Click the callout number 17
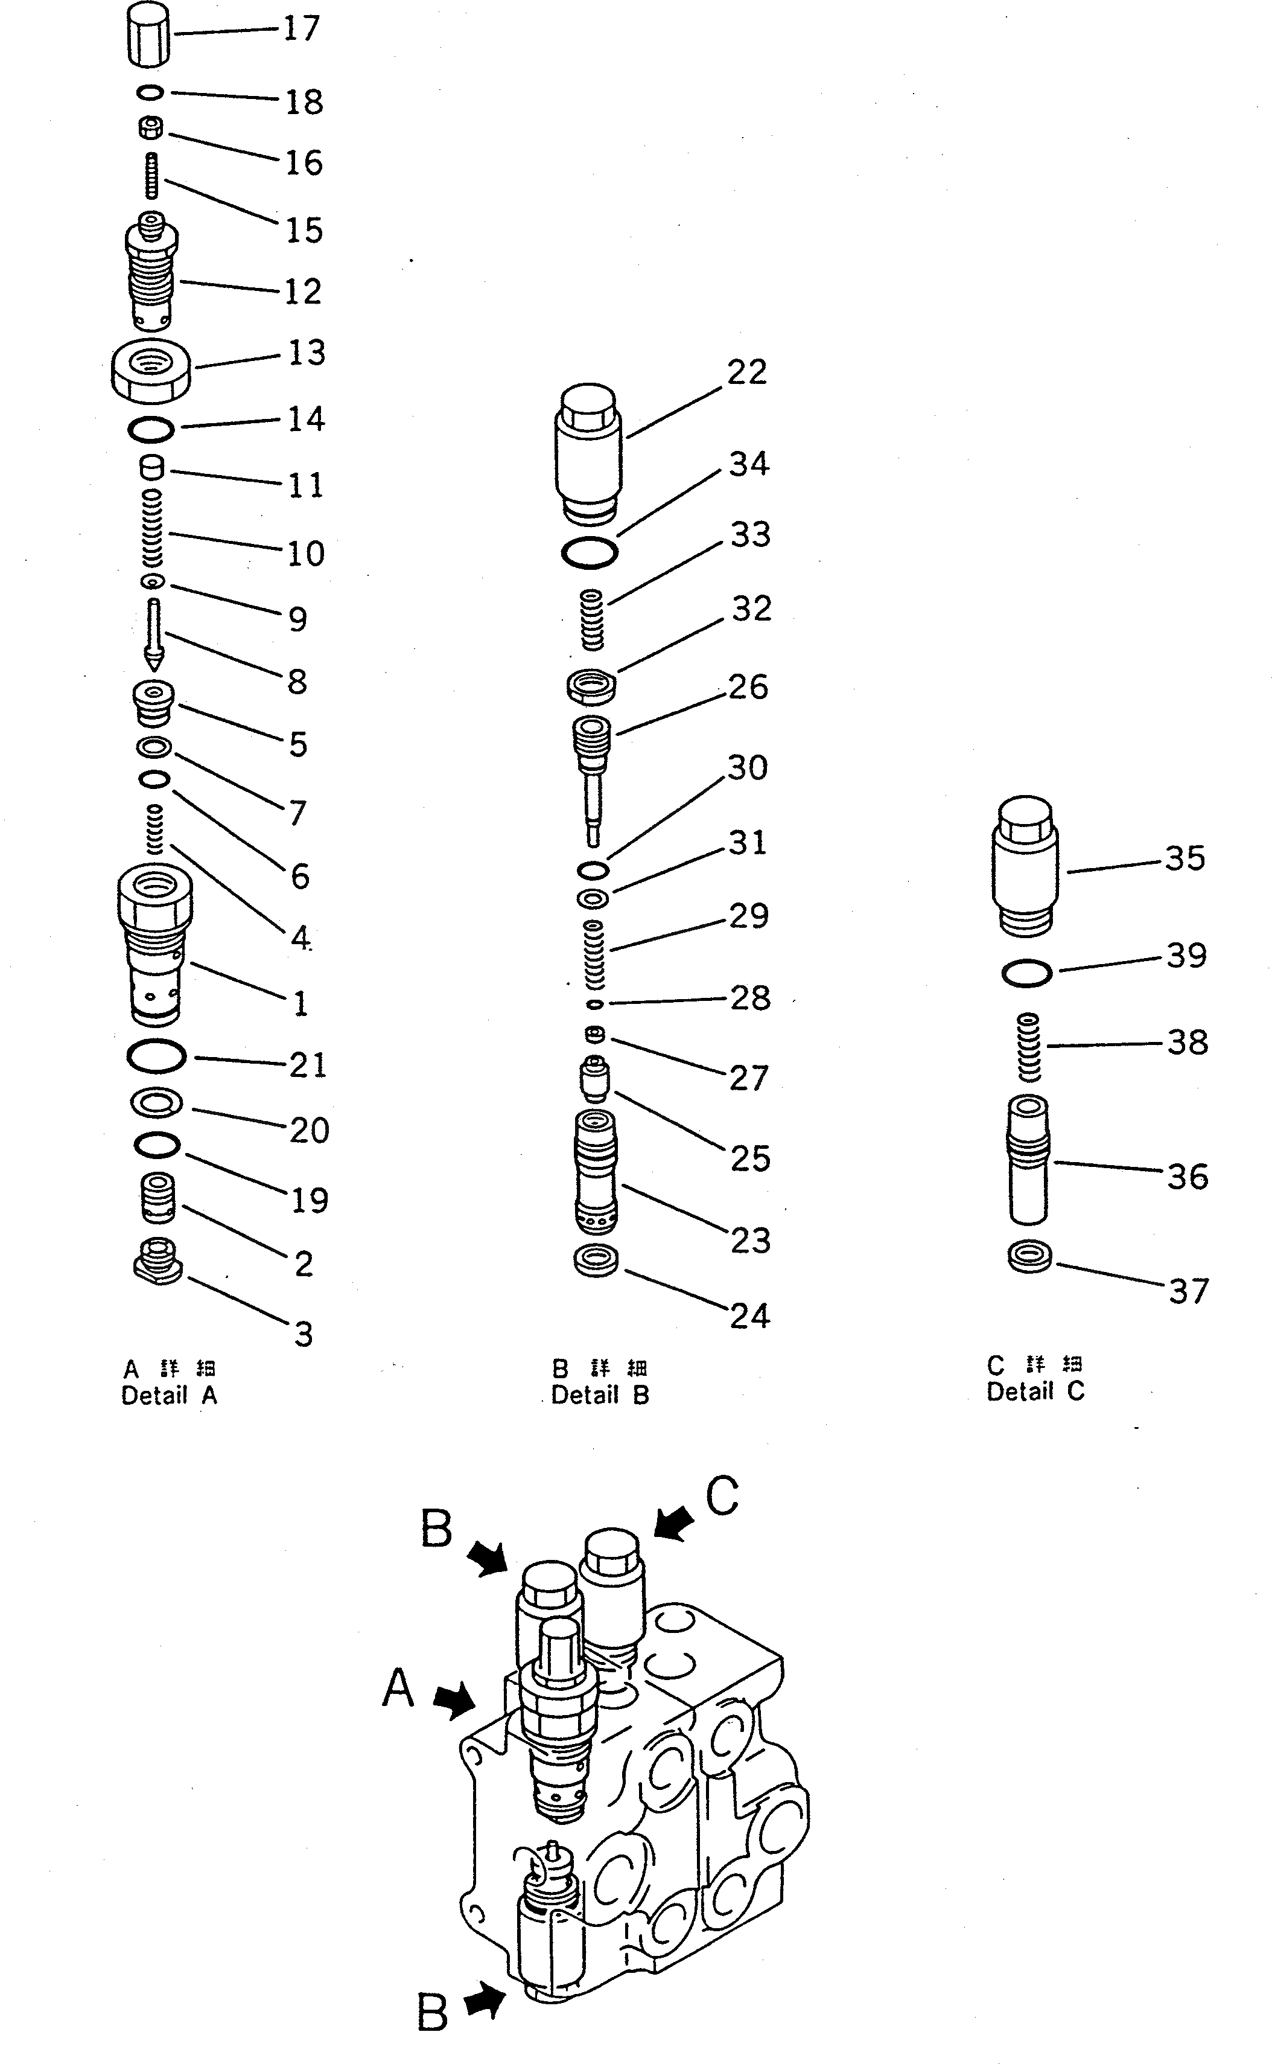pyautogui.click(x=301, y=28)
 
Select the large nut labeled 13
pyautogui.click(x=151, y=370)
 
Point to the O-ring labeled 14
pyautogui.click(x=151, y=430)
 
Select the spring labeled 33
pyautogui.click(x=593, y=619)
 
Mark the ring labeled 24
pyautogui.click(x=596, y=1260)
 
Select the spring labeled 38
pyautogui.click(x=1029, y=1047)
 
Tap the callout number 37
pyautogui.click(x=1188, y=1291)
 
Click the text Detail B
pyautogui.click(x=600, y=1395)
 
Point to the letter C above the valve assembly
pyautogui.click(x=722, y=1497)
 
